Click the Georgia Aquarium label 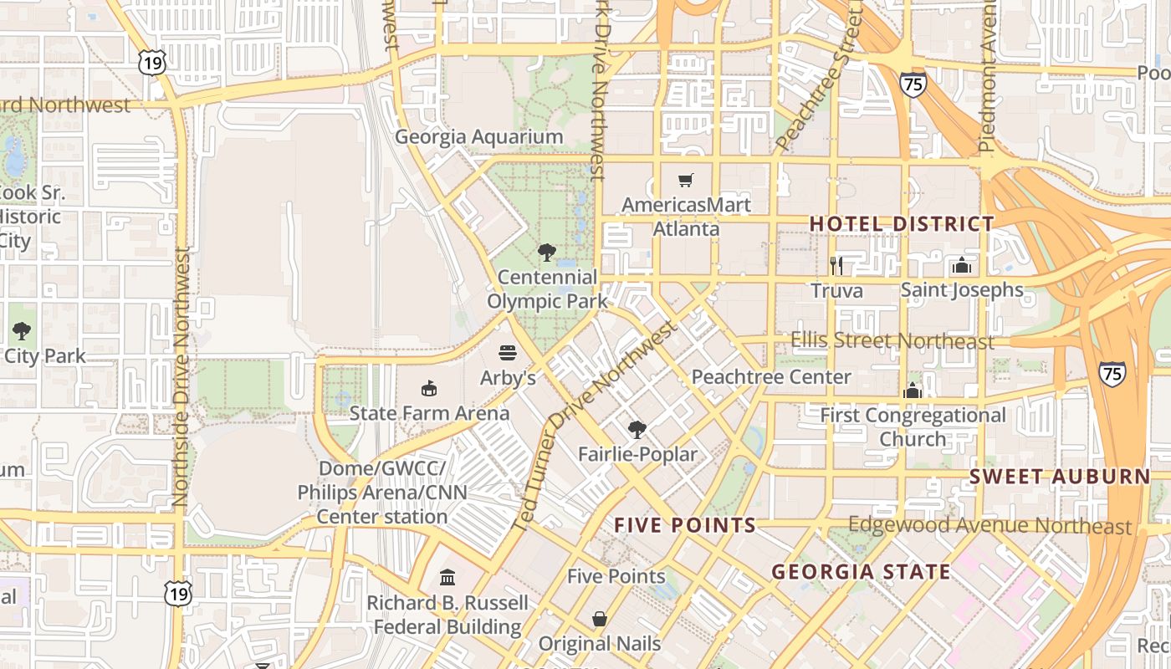tap(478, 137)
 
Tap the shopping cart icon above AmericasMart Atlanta tap(686, 180)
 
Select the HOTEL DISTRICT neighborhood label tap(902, 224)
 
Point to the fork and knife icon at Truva tap(836, 266)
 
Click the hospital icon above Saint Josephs tap(962, 266)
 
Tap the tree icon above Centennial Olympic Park tap(547, 252)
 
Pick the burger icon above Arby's tap(508, 353)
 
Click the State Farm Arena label tap(429, 413)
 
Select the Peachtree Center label tap(770, 377)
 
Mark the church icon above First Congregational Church tap(913, 391)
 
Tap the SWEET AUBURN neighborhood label tap(1060, 477)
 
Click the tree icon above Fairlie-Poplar tap(637, 430)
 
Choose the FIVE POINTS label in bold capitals tap(685, 526)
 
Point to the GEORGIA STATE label tap(861, 573)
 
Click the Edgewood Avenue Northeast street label tap(989, 526)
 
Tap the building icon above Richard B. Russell tap(447, 577)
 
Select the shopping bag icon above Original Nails tap(600, 619)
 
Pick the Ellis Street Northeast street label tap(892, 341)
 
